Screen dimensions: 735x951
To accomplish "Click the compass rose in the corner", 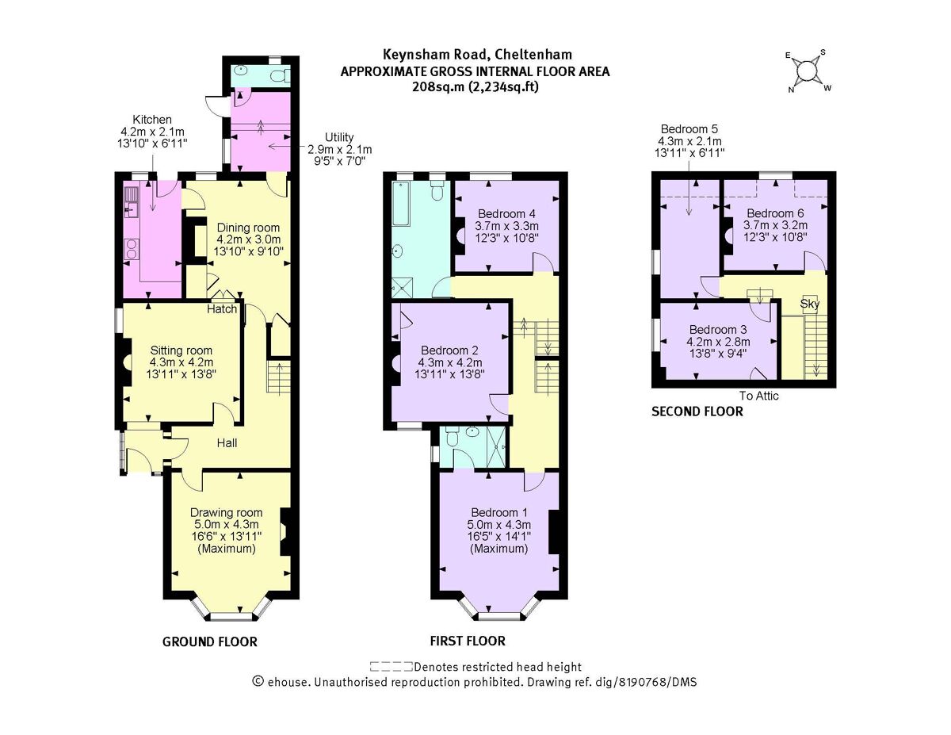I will pyautogui.click(x=806, y=71).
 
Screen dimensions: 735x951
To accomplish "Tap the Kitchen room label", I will pyautogui.click(x=152, y=119).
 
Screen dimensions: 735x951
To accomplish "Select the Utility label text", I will pyautogui.click(x=338, y=137).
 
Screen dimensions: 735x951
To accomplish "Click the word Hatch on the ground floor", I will pyautogui.click(x=223, y=308).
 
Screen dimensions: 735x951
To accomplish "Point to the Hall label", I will pyautogui.click(x=227, y=442).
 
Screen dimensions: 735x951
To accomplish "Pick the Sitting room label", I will pyautogui.click(x=181, y=350).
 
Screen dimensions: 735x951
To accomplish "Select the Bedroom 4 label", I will pyautogui.click(x=506, y=213).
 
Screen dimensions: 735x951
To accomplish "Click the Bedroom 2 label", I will pyautogui.click(x=449, y=350).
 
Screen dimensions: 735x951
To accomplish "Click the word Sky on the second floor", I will pyautogui.click(x=809, y=303).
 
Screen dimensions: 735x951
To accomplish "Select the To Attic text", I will pyautogui.click(x=759, y=396).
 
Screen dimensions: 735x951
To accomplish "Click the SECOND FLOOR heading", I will pyautogui.click(x=697, y=412).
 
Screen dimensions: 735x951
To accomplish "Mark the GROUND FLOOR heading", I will pyautogui.click(x=210, y=641).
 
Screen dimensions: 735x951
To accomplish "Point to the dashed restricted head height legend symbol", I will pyautogui.click(x=391, y=667).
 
